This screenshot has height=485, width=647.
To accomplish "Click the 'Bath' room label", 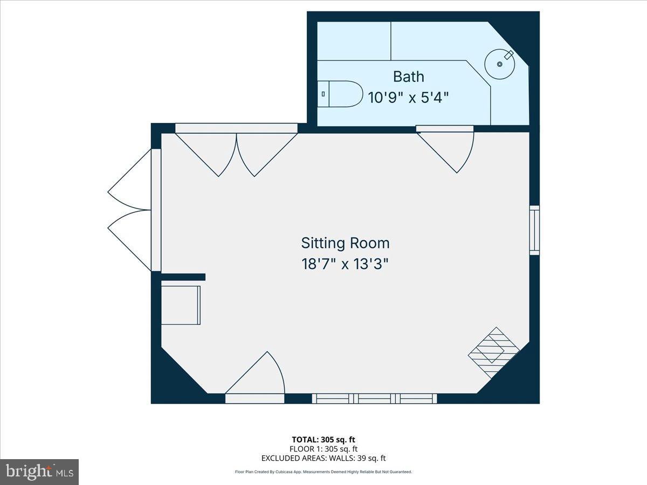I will pyautogui.click(x=408, y=77).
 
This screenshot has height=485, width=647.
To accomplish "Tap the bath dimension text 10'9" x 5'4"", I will pyautogui.click(x=408, y=98).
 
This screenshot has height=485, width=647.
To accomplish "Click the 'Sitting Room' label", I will pyautogui.click(x=345, y=243).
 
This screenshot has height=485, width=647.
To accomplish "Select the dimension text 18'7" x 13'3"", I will pyautogui.click(x=345, y=265).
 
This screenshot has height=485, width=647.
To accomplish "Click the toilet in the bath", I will pyautogui.click(x=340, y=94).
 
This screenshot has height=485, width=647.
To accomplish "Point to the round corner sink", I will pyautogui.click(x=500, y=64).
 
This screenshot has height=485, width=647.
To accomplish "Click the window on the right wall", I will pyautogui.click(x=534, y=230).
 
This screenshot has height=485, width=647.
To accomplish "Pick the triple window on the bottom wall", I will pyautogui.click(x=375, y=399).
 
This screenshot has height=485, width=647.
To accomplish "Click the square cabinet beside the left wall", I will pyautogui.click(x=181, y=305).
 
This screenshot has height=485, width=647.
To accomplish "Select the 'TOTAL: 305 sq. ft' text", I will pyautogui.click(x=323, y=440).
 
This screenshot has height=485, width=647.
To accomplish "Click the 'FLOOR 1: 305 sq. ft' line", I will pyautogui.click(x=323, y=449).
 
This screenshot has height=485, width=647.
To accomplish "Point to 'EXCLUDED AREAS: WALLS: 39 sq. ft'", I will pyautogui.click(x=323, y=459).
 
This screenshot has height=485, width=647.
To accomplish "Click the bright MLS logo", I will pyautogui.click(x=39, y=472).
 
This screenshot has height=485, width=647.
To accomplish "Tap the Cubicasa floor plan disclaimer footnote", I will pyautogui.click(x=323, y=472).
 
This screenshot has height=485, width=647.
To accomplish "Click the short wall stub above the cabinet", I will pyautogui.click(x=183, y=277).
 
